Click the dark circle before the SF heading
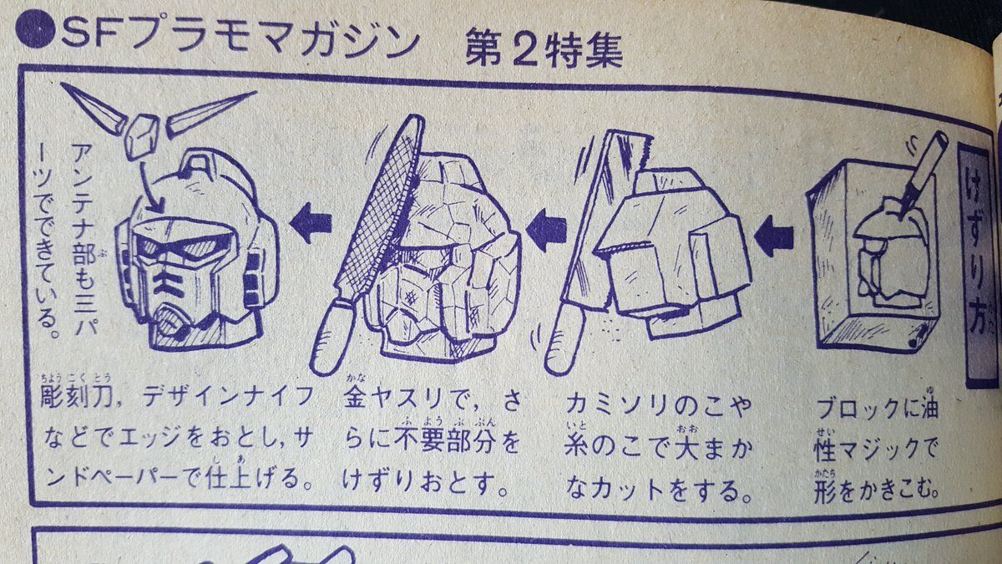(x=35, y=28)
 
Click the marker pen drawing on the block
(x=923, y=171)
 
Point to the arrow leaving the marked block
(x=774, y=236)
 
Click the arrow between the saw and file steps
(x=546, y=230)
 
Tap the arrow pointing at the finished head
(x=311, y=222)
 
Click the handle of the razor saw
(x=564, y=340)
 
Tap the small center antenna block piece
(x=141, y=135)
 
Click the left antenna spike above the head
(x=94, y=108)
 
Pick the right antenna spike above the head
(x=210, y=114)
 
